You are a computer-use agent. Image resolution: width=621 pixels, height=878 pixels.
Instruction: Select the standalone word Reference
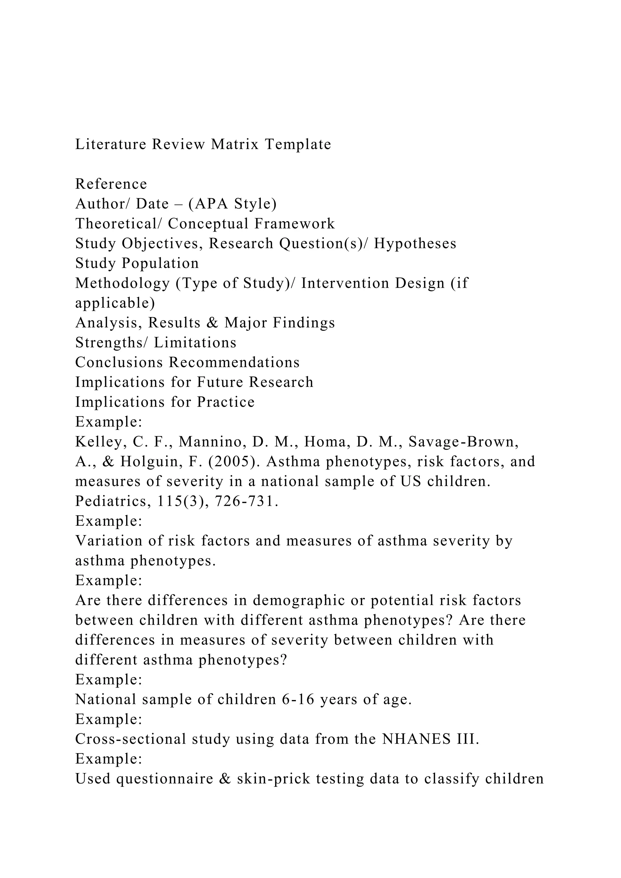pyautogui.click(x=111, y=184)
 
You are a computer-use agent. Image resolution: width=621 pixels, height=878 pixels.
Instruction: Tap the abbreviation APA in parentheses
pyautogui.click(x=210, y=204)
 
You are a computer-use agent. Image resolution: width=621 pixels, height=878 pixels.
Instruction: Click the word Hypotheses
pyautogui.click(x=415, y=243)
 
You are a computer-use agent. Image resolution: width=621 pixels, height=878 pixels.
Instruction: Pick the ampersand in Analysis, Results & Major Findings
pyautogui.click(x=212, y=323)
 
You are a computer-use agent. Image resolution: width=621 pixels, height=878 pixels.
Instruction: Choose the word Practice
pyautogui.click(x=226, y=402)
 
